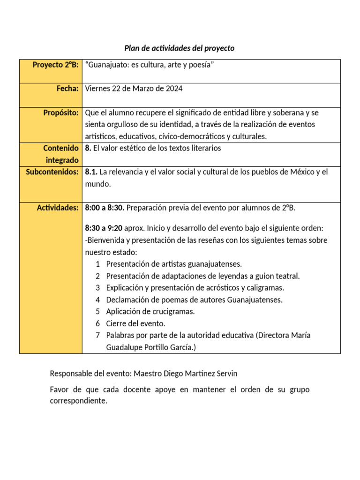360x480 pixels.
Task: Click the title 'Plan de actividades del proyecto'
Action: [180, 48]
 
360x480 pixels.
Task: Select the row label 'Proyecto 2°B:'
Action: [55, 65]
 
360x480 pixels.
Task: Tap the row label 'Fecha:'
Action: [68, 88]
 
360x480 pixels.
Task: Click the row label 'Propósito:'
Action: [60, 112]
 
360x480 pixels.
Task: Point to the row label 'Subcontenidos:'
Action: [52, 172]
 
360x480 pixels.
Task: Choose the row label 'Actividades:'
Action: [58, 208]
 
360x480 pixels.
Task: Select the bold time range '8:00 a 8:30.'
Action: [105, 208]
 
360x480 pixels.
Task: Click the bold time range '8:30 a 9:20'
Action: [104, 228]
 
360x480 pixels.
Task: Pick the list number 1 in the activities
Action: [98, 264]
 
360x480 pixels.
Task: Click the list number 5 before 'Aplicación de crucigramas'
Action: [98, 312]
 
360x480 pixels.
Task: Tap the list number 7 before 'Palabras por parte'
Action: [98, 336]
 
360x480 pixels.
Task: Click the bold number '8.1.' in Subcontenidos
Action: [92, 172]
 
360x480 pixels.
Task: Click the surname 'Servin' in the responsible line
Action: [226, 374]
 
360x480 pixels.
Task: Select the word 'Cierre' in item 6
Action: [116, 323]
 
